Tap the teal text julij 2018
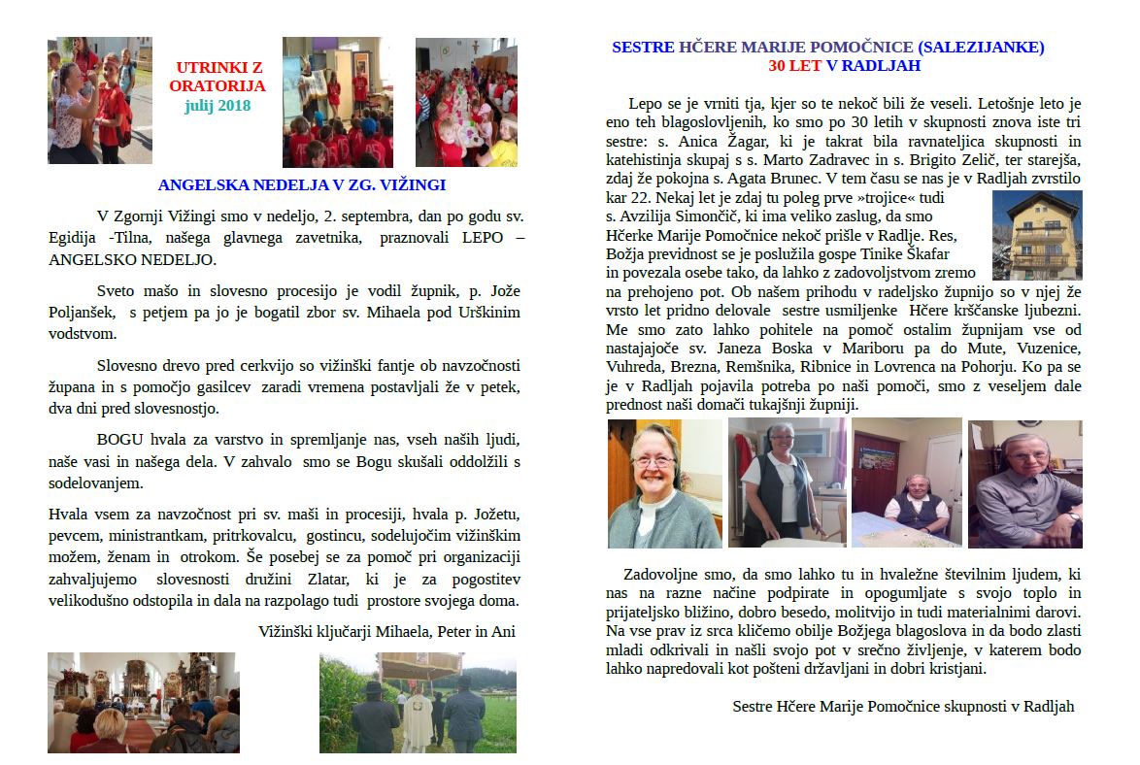click(218, 105)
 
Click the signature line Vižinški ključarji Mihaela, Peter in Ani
click(386, 630)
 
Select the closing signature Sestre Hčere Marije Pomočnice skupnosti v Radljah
click(903, 706)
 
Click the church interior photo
click(143, 702)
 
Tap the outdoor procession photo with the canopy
click(418, 702)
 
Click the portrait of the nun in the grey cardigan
click(665, 483)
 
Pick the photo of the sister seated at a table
click(906, 483)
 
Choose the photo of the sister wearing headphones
click(1024, 483)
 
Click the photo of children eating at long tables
click(466, 102)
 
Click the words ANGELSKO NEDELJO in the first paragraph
click(133, 260)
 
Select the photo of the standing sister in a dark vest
click(787, 483)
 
